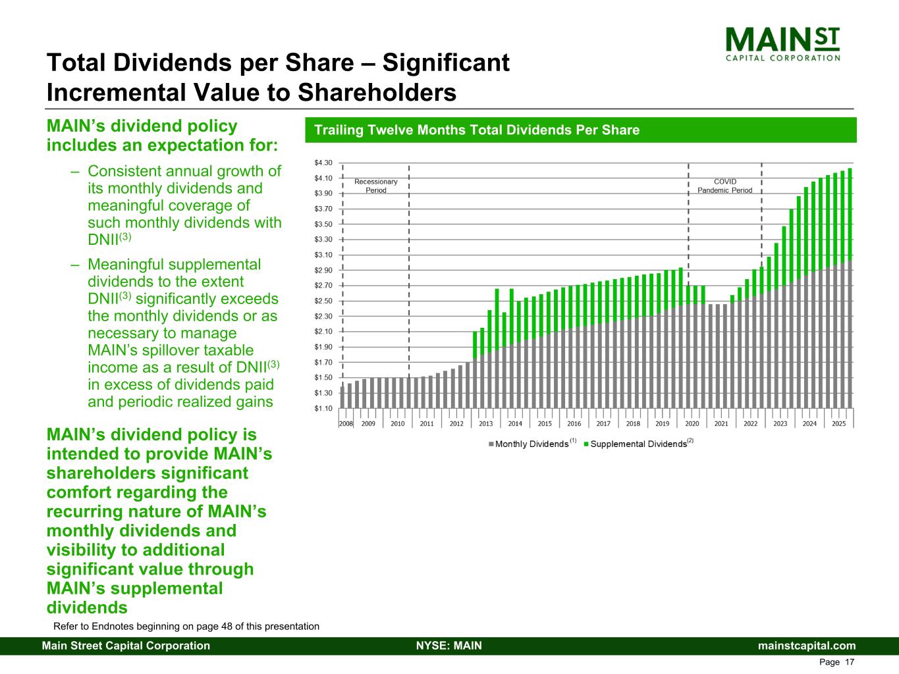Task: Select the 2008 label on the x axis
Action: click(346, 424)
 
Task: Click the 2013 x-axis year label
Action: click(486, 424)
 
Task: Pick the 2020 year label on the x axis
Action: click(692, 424)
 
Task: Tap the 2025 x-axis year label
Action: click(839, 424)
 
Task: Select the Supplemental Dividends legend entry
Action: click(638, 444)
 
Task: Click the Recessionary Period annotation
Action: click(376, 186)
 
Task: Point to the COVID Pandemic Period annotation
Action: click(724, 186)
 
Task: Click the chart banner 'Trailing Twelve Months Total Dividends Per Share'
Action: click(477, 130)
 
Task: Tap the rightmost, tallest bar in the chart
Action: click(850, 283)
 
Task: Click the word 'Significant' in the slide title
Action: click(446, 63)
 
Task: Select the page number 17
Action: click(849, 662)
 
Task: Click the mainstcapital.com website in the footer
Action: click(807, 646)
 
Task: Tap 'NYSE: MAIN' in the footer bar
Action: click(449, 646)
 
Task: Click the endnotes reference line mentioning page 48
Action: click(186, 627)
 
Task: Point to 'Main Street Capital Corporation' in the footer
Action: click(126, 646)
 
